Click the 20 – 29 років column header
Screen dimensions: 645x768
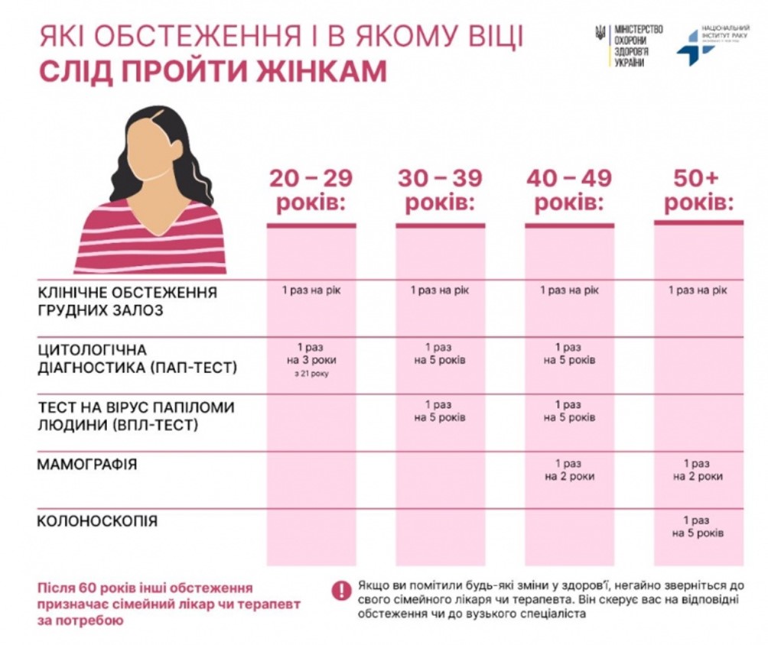pyautogui.click(x=311, y=191)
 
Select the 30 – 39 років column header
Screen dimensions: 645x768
pyautogui.click(x=440, y=191)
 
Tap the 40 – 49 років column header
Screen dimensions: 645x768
pyautogui.click(x=569, y=191)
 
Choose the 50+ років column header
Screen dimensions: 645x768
pyautogui.click(x=698, y=191)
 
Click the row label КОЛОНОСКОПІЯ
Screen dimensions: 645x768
pyautogui.click(x=97, y=521)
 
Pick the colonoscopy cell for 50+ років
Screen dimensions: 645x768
pyautogui.click(x=698, y=527)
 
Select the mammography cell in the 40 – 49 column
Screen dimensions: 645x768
pyautogui.click(x=569, y=470)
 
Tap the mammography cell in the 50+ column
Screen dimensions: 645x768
pyautogui.click(x=698, y=470)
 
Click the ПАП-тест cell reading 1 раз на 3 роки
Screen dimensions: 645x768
pyautogui.click(x=311, y=353)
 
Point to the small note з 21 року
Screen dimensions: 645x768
pyautogui.click(x=311, y=374)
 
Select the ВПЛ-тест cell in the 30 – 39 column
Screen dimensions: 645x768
pyautogui.click(x=440, y=411)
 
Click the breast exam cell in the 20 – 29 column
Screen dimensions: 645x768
pyautogui.click(x=311, y=290)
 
